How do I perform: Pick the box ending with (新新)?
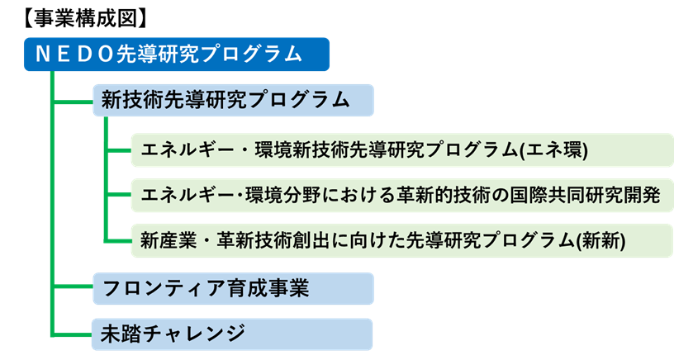click(396, 240)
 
